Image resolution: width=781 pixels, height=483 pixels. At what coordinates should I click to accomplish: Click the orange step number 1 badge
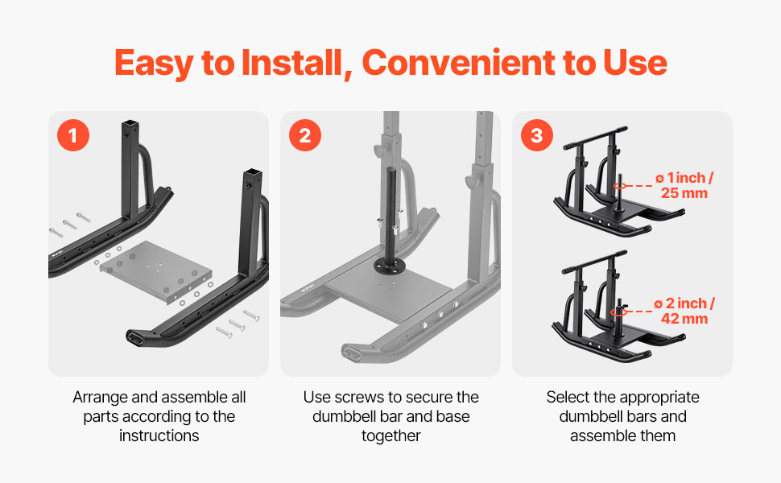tap(73, 135)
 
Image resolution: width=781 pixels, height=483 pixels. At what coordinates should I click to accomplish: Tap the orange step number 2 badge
tap(305, 135)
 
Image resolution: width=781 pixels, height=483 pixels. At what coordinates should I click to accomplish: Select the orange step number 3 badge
tap(537, 135)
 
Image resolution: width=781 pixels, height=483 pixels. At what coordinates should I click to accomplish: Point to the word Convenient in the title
tap(458, 63)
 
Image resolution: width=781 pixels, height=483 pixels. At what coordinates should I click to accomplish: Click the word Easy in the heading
tap(155, 64)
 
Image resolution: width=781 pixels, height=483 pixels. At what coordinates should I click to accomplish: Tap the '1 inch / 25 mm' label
tap(684, 185)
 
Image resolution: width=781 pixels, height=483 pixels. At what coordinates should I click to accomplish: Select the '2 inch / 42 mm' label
tap(684, 311)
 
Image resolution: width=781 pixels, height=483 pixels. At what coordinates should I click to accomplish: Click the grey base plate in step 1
tap(156, 271)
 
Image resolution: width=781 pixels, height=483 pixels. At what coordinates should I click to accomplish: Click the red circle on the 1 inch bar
tap(620, 186)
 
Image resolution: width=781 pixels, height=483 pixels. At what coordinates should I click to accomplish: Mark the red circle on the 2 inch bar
tap(619, 312)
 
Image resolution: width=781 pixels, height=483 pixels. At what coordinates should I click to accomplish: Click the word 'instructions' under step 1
tap(159, 436)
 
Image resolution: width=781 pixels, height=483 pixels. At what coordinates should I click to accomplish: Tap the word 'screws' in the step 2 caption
tap(360, 398)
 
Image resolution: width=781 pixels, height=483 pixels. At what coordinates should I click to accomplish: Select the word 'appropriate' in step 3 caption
tap(659, 398)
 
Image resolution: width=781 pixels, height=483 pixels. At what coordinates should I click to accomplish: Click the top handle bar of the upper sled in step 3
tap(595, 138)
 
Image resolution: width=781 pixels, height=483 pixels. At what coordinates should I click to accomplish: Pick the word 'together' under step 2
tap(391, 436)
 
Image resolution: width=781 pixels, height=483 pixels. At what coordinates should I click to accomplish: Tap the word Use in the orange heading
tap(635, 64)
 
